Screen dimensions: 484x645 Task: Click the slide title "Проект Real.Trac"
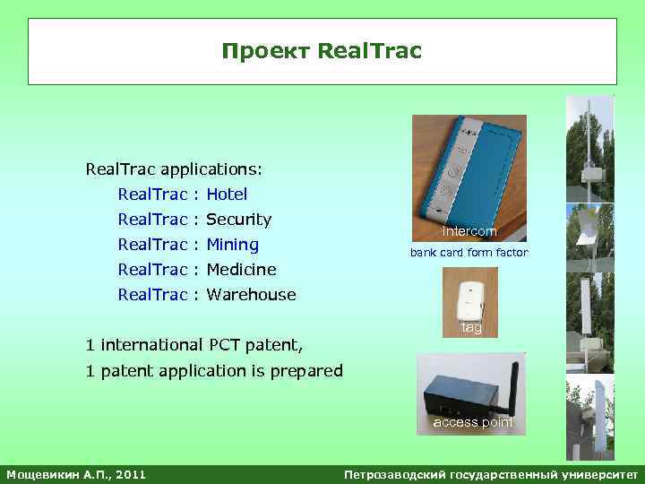click(322, 53)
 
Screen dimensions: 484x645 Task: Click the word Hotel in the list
click(227, 194)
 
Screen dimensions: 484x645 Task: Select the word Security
click(238, 219)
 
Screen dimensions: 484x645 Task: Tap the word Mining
click(232, 244)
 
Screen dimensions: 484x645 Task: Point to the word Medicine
click(241, 269)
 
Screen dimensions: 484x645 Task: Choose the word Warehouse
click(251, 294)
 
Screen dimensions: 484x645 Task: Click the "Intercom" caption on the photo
click(469, 231)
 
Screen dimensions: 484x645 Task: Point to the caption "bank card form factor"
click(469, 253)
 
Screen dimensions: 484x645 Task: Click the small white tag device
click(469, 301)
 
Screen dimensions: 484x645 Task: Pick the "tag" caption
click(471, 328)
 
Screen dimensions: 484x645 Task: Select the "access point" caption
click(473, 422)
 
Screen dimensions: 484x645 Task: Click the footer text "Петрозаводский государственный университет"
click(492, 473)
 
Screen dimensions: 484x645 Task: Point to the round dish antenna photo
click(589, 232)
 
